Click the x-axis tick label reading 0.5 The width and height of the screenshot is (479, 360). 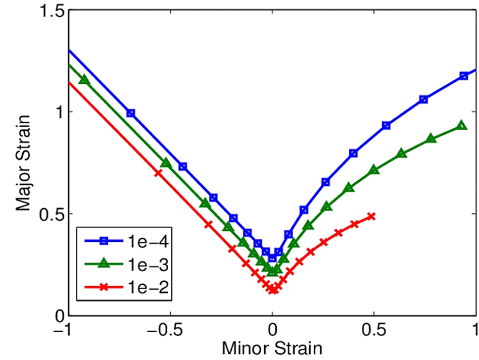point(374,331)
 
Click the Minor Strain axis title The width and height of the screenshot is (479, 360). point(272,348)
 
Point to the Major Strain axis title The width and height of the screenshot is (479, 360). point(23,163)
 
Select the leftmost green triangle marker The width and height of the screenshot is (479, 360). point(84,80)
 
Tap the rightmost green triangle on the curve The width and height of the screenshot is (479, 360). point(461,125)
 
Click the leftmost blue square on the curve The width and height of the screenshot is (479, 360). point(131,113)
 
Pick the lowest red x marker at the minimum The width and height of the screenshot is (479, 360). point(273,290)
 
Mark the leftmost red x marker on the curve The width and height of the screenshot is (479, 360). point(158,173)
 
